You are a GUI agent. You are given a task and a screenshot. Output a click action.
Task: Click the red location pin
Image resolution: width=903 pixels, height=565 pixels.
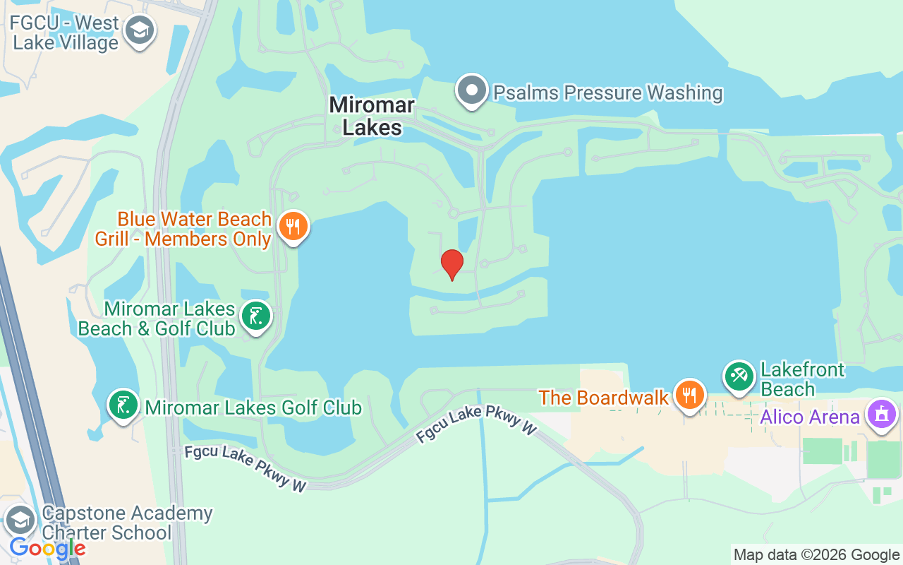pyautogui.click(x=451, y=263)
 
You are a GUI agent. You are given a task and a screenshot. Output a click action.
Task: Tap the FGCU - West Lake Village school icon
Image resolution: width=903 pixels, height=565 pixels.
pyautogui.click(x=140, y=30)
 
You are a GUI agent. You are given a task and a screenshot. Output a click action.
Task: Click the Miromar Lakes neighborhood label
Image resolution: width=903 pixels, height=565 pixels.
pyautogui.click(x=372, y=117)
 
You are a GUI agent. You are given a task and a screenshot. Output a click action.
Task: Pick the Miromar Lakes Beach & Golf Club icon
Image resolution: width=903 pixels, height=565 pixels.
pyautogui.click(x=256, y=316)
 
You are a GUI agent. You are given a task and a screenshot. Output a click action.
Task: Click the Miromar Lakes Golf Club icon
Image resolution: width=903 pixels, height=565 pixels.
pyautogui.click(x=123, y=405)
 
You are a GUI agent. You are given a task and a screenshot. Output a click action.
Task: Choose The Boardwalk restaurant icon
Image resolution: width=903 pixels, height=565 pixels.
pyautogui.click(x=689, y=395)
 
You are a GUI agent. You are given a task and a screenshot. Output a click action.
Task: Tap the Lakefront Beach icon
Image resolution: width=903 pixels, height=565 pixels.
pyautogui.click(x=739, y=376)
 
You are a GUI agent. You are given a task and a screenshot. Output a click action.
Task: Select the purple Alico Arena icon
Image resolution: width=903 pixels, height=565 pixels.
pyautogui.click(x=881, y=414)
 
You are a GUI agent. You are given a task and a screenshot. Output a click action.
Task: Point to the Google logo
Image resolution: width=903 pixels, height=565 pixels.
pyautogui.click(x=47, y=548)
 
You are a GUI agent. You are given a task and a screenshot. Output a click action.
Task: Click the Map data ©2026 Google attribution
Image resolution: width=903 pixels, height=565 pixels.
pyautogui.click(x=816, y=555)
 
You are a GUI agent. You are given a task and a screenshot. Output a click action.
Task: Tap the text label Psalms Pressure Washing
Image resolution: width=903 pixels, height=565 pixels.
pyautogui.click(x=608, y=93)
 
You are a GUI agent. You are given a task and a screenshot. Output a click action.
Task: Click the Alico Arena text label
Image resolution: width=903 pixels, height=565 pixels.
pyautogui.click(x=810, y=417)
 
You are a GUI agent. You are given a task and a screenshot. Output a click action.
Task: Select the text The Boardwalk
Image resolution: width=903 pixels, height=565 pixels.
pyautogui.click(x=604, y=398)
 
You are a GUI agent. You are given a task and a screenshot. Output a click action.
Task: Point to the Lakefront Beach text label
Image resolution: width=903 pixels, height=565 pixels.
pyautogui.click(x=802, y=380)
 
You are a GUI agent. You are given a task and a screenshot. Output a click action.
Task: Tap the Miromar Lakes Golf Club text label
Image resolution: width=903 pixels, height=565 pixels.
pyautogui.click(x=253, y=408)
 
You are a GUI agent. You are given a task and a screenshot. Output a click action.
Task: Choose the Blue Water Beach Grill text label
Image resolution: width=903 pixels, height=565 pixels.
pyautogui.click(x=183, y=229)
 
